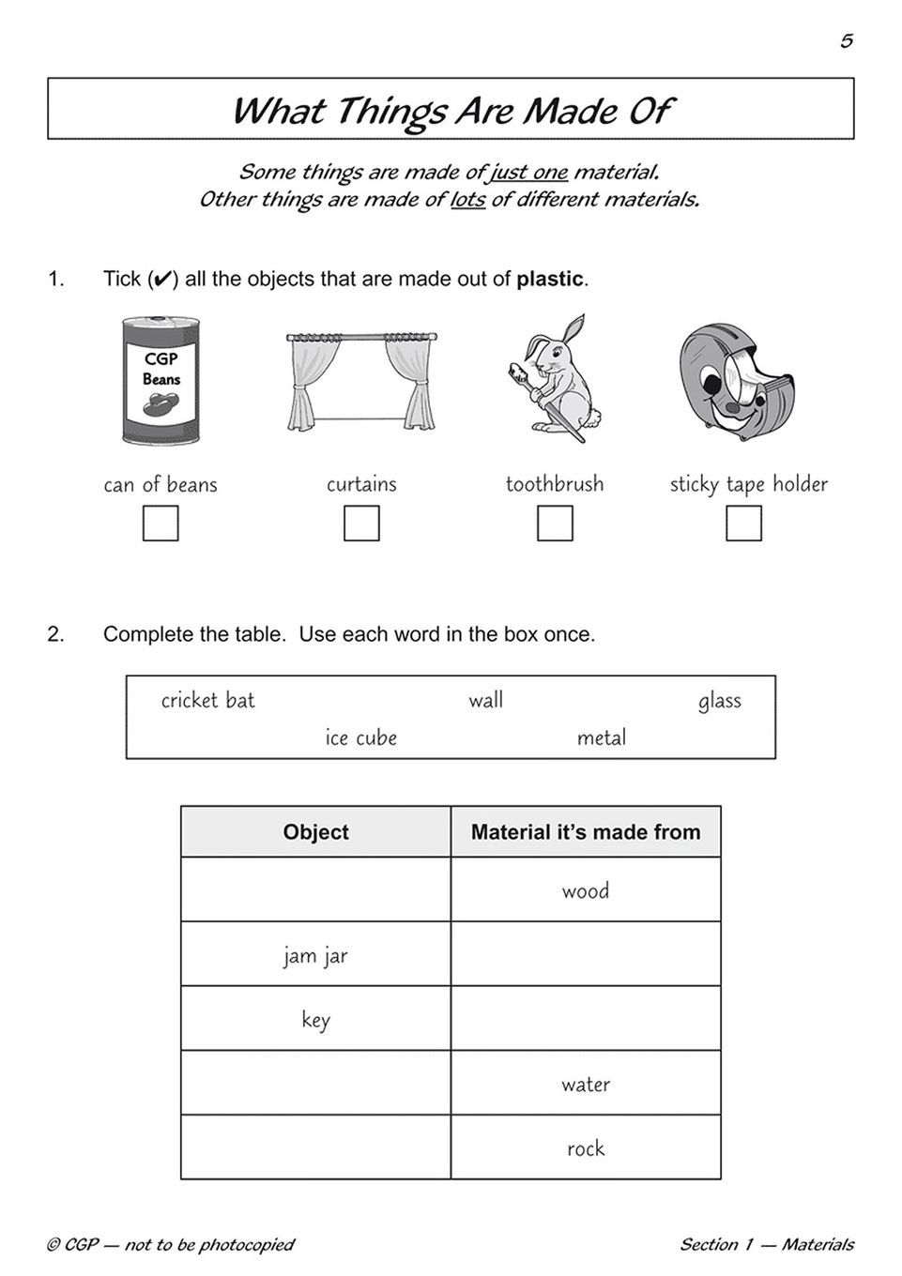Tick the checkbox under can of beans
(161, 524)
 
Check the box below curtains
(361, 524)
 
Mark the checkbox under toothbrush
(555, 524)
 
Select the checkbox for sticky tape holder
(743, 524)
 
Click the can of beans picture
(161, 380)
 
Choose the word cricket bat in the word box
(207, 701)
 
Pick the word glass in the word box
(719, 701)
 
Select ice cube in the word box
(360, 738)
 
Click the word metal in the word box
(602, 738)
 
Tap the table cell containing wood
(586, 890)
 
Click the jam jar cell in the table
(315, 955)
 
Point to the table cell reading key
(315, 1020)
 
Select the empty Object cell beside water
(315, 1084)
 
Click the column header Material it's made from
(586, 832)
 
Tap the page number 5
(846, 41)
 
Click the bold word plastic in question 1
(550, 280)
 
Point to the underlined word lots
(467, 200)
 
